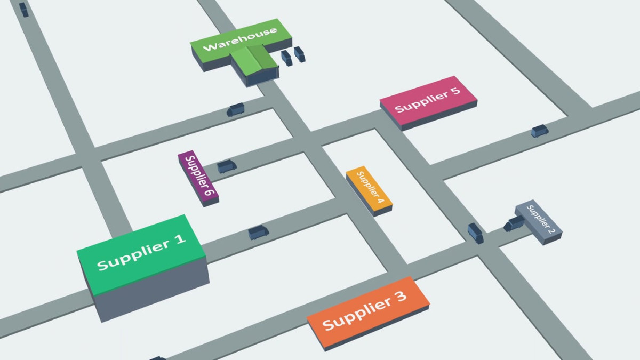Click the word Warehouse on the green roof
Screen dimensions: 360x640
click(240, 38)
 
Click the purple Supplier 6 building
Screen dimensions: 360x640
click(197, 176)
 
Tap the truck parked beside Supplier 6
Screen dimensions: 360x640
click(227, 166)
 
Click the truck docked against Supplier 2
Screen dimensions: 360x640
click(515, 223)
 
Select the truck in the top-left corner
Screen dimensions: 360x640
click(24, 9)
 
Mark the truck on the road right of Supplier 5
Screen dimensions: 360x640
click(539, 131)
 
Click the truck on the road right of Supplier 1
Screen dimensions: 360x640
click(259, 233)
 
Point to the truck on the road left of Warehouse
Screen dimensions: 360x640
click(235, 109)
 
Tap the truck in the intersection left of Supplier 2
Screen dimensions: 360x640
click(475, 233)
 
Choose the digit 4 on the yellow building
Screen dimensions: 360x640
click(379, 199)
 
